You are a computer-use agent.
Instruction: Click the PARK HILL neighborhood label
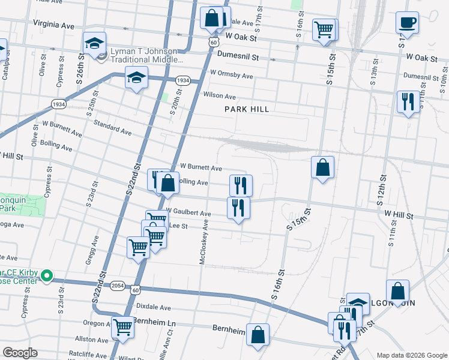pos(247,109)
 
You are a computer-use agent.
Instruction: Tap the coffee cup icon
pos(407,23)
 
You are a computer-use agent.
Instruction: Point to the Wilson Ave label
pos(219,96)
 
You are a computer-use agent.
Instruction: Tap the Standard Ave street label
pos(112,127)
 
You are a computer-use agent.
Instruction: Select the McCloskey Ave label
pos(203,242)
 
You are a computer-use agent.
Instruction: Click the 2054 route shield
pos(118,286)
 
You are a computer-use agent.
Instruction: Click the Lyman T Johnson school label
pos(146,55)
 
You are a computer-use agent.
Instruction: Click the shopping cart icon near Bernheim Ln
pos(123,328)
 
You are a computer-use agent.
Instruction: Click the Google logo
pos(19,353)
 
